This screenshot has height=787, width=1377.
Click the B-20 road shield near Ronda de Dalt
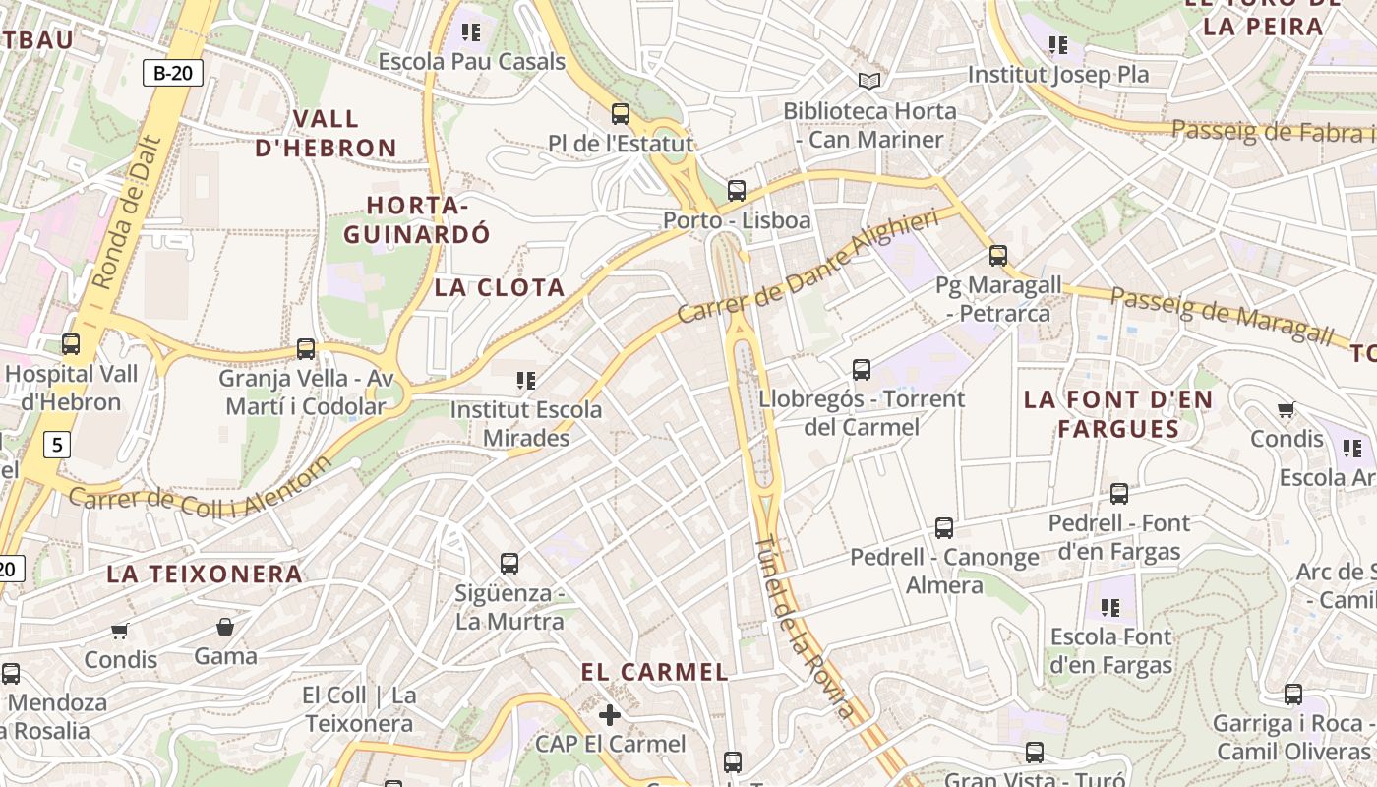point(173,72)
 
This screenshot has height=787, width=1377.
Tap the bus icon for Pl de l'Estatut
point(621,113)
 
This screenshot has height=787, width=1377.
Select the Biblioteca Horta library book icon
point(869,81)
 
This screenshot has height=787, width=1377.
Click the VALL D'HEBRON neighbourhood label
point(327,134)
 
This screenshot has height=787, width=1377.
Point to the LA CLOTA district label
point(500,288)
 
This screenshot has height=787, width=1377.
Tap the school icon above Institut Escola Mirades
point(526,380)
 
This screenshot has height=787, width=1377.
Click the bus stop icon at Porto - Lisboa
point(737,190)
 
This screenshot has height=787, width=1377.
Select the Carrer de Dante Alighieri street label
point(808,267)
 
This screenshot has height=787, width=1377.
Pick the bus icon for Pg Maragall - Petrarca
point(998,256)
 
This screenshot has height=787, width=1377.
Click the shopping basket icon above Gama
point(225,627)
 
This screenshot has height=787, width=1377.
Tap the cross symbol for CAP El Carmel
point(610,714)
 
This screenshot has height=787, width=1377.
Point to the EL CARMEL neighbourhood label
point(654,673)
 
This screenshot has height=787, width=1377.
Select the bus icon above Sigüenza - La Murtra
point(509,564)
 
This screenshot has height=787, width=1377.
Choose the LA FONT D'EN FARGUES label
point(1118,414)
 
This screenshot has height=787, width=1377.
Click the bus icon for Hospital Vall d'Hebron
point(71,344)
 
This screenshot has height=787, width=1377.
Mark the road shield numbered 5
point(58,445)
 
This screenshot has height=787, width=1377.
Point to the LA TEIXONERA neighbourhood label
point(204,575)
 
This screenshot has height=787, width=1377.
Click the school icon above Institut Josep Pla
point(1058,44)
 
